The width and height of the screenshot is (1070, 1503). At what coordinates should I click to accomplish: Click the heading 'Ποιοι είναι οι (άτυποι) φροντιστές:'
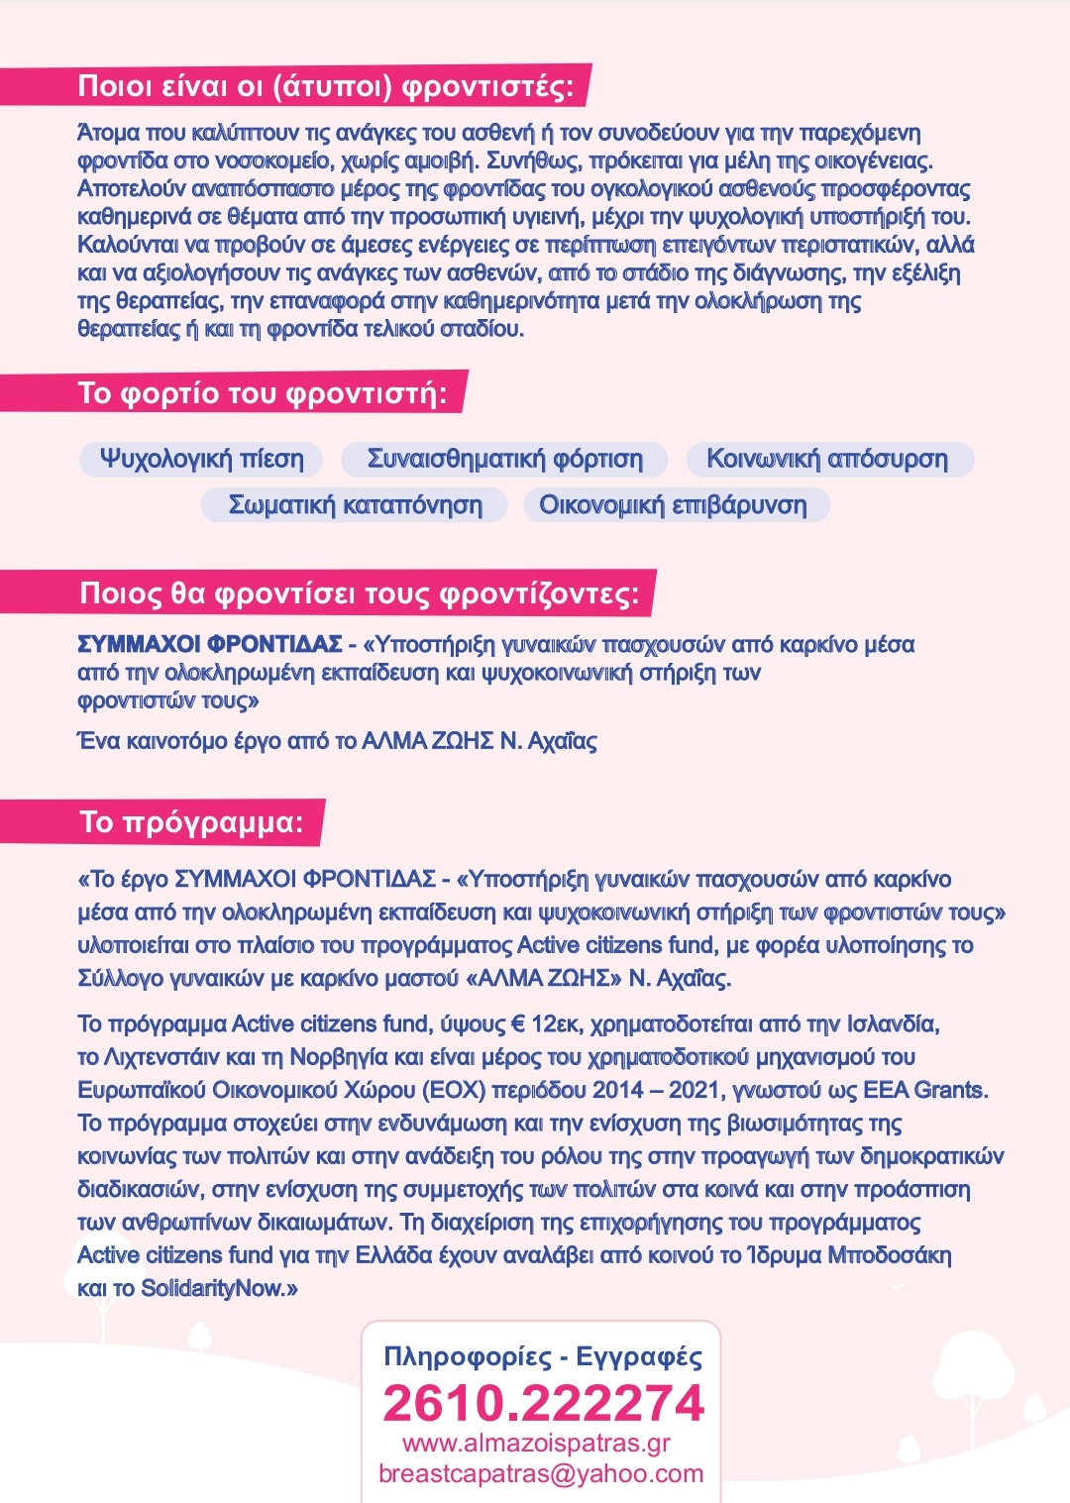click(325, 87)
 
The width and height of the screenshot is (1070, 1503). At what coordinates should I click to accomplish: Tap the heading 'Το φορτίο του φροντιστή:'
click(262, 393)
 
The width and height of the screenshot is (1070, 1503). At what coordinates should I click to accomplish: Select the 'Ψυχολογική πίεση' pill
click(201, 459)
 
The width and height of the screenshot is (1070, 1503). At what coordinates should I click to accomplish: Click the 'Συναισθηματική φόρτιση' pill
click(504, 459)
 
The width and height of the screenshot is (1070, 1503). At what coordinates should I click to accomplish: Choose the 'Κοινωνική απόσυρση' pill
click(827, 459)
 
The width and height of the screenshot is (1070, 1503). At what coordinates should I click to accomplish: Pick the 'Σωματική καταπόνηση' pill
click(355, 505)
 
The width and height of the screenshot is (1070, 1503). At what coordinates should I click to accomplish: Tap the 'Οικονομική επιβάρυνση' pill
click(673, 505)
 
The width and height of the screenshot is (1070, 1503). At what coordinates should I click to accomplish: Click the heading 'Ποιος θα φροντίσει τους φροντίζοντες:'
click(359, 593)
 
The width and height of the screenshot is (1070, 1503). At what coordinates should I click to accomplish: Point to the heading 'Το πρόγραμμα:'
click(191, 822)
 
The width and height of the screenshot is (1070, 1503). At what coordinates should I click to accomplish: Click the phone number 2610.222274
click(543, 1403)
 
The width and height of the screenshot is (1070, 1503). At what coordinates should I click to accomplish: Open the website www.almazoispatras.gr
click(536, 1443)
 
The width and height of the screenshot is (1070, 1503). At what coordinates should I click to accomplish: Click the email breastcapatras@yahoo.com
click(541, 1473)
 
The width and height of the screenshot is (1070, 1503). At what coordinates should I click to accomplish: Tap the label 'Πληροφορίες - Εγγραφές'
click(543, 1356)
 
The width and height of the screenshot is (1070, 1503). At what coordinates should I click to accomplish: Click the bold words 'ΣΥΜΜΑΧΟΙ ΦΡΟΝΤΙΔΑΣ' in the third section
click(210, 645)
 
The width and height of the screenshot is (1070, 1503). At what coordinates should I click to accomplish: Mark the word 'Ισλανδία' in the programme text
click(892, 1023)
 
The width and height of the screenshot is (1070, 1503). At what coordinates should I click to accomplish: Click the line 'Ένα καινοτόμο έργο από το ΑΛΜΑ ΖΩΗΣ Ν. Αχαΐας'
click(337, 741)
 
